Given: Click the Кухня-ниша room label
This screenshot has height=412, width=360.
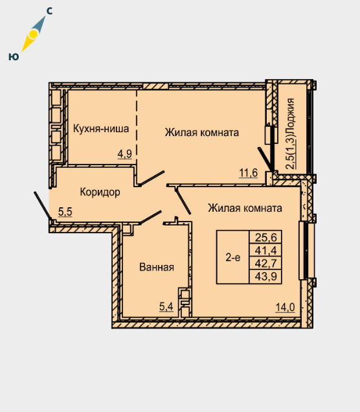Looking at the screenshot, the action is coord(101,128).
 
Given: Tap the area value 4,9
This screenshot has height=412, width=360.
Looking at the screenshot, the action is coord(125,154).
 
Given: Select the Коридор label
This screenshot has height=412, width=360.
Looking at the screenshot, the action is coord(100,192).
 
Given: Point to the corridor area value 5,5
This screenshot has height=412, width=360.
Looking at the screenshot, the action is coord(65,212).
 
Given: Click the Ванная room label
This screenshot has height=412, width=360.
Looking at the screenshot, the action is coord(157,267).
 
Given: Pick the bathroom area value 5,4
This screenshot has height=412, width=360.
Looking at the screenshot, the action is coord(166,306).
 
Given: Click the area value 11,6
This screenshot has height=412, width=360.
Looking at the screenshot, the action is coord(249,173).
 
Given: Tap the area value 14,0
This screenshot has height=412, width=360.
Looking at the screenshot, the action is coord(285,307).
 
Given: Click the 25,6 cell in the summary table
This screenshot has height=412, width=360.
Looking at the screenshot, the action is coord(265,238).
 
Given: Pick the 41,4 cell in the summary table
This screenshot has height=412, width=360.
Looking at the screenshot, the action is coord(265,251).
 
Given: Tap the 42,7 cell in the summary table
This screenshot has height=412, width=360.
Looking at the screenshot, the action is coord(265,263).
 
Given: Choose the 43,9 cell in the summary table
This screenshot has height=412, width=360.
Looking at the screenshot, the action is coord(265,277).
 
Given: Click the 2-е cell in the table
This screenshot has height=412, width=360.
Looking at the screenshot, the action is coord(233,258).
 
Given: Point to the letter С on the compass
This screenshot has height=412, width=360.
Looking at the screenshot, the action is coord(49,11).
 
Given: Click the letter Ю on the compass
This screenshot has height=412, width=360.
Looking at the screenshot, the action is coord(14,56).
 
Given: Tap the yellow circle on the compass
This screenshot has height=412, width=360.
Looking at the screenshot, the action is coord(34,34).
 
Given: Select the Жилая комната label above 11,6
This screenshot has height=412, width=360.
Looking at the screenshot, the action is coord(202,132).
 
